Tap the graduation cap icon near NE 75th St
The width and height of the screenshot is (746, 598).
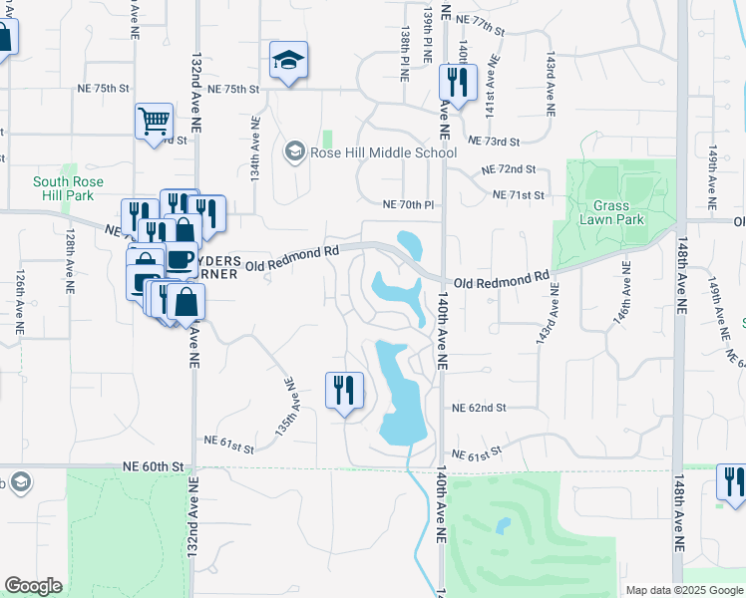pos(288,63)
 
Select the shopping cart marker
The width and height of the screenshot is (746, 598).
pos(155,124)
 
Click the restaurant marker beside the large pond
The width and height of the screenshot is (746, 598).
pos(345,392)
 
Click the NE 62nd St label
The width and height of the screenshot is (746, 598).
pos(479,408)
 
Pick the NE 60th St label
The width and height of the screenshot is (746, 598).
pos(155,465)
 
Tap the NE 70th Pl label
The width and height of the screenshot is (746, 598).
pos(409,204)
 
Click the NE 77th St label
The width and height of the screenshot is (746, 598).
pos(481,21)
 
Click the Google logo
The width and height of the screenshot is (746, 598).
pos(33,585)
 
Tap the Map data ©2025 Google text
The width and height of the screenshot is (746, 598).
pos(683,590)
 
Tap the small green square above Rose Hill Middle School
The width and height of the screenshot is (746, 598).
pos(327,138)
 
